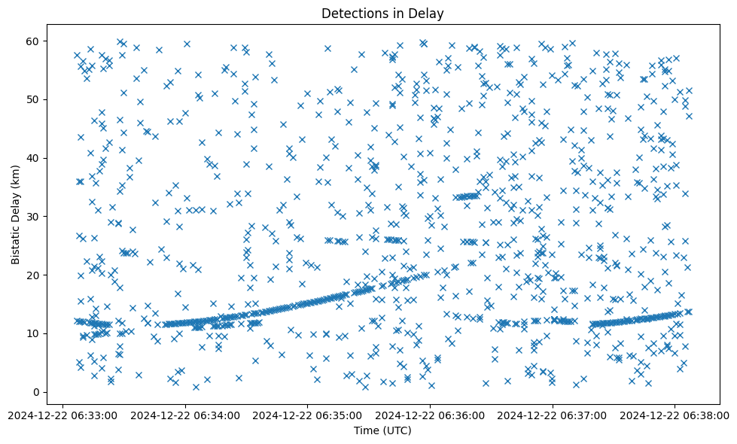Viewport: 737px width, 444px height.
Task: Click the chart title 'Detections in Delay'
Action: point(382,14)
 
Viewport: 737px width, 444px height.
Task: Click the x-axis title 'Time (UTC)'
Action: point(382,430)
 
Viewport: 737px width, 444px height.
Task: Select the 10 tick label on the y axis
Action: point(32,333)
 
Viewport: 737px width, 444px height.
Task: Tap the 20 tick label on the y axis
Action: point(32,275)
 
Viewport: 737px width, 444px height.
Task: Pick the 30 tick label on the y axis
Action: point(32,216)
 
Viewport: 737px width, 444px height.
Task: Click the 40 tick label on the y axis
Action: point(32,158)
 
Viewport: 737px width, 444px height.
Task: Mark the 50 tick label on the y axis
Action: point(32,99)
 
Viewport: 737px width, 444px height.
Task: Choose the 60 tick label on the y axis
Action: point(32,41)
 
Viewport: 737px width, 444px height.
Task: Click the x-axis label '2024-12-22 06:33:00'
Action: point(63,414)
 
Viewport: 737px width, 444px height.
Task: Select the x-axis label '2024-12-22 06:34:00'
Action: point(186,414)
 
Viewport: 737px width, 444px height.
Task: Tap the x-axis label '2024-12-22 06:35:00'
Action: point(308,414)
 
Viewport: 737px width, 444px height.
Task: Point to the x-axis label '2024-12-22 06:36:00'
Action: point(431,414)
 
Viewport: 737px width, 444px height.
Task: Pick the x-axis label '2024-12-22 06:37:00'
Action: point(553,414)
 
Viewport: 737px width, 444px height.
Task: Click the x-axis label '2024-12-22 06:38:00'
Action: point(675,414)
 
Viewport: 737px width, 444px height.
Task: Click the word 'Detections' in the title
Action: point(352,14)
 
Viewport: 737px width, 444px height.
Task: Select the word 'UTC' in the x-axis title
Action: point(397,430)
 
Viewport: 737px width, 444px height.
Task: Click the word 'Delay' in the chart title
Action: point(428,14)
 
